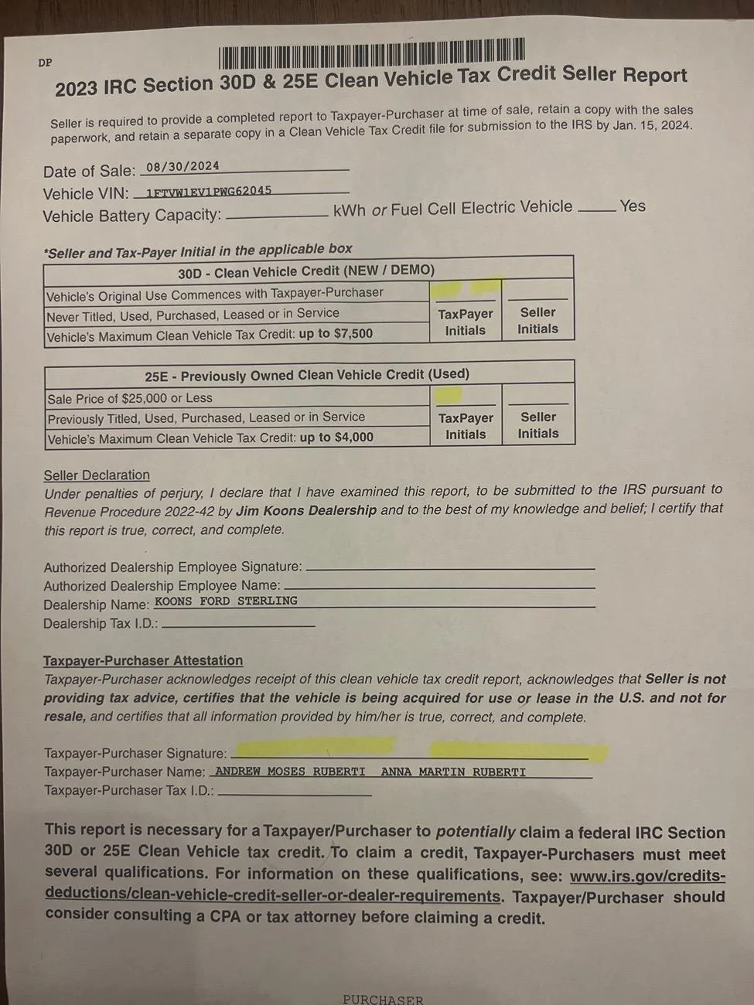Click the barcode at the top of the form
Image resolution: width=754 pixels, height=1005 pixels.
[x=371, y=53]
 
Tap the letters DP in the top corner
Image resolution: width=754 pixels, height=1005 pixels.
[x=45, y=63]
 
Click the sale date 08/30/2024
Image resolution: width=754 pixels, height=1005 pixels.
[x=183, y=166]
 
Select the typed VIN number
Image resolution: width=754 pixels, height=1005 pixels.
[x=209, y=190]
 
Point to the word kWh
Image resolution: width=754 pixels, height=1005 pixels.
[x=349, y=210]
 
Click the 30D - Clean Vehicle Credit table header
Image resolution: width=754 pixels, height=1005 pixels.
[x=306, y=271]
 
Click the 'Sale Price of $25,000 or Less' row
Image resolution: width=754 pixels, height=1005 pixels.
[x=130, y=398]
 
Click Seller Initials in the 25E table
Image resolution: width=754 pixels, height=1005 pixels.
[x=538, y=425]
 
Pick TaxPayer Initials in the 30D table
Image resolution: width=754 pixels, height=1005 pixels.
[x=466, y=322]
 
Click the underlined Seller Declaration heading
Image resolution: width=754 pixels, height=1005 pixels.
[x=97, y=475]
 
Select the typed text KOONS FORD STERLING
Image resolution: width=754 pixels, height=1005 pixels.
[x=226, y=601]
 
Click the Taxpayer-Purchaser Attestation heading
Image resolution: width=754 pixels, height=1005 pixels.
[x=143, y=660]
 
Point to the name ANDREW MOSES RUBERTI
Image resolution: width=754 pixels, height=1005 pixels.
[x=290, y=772]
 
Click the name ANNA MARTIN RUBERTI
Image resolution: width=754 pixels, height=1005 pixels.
[x=453, y=772]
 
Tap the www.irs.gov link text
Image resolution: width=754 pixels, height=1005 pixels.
[x=647, y=877]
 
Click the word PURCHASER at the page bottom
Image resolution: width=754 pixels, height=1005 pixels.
[x=383, y=999]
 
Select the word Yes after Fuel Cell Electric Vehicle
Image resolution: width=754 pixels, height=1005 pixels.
[x=632, y=206]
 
